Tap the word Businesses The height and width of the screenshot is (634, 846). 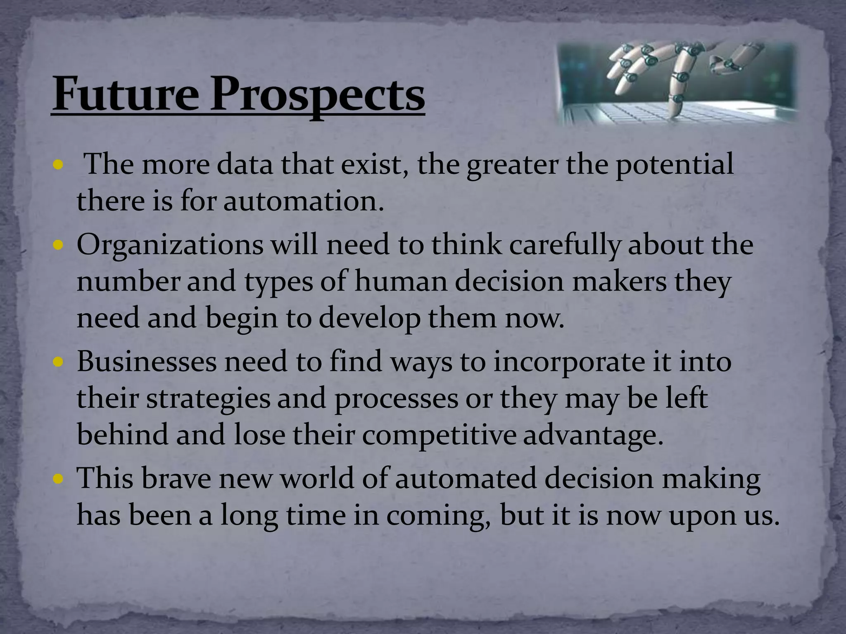(x=147, y=362)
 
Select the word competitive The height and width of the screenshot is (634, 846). (x=439, y=435)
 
